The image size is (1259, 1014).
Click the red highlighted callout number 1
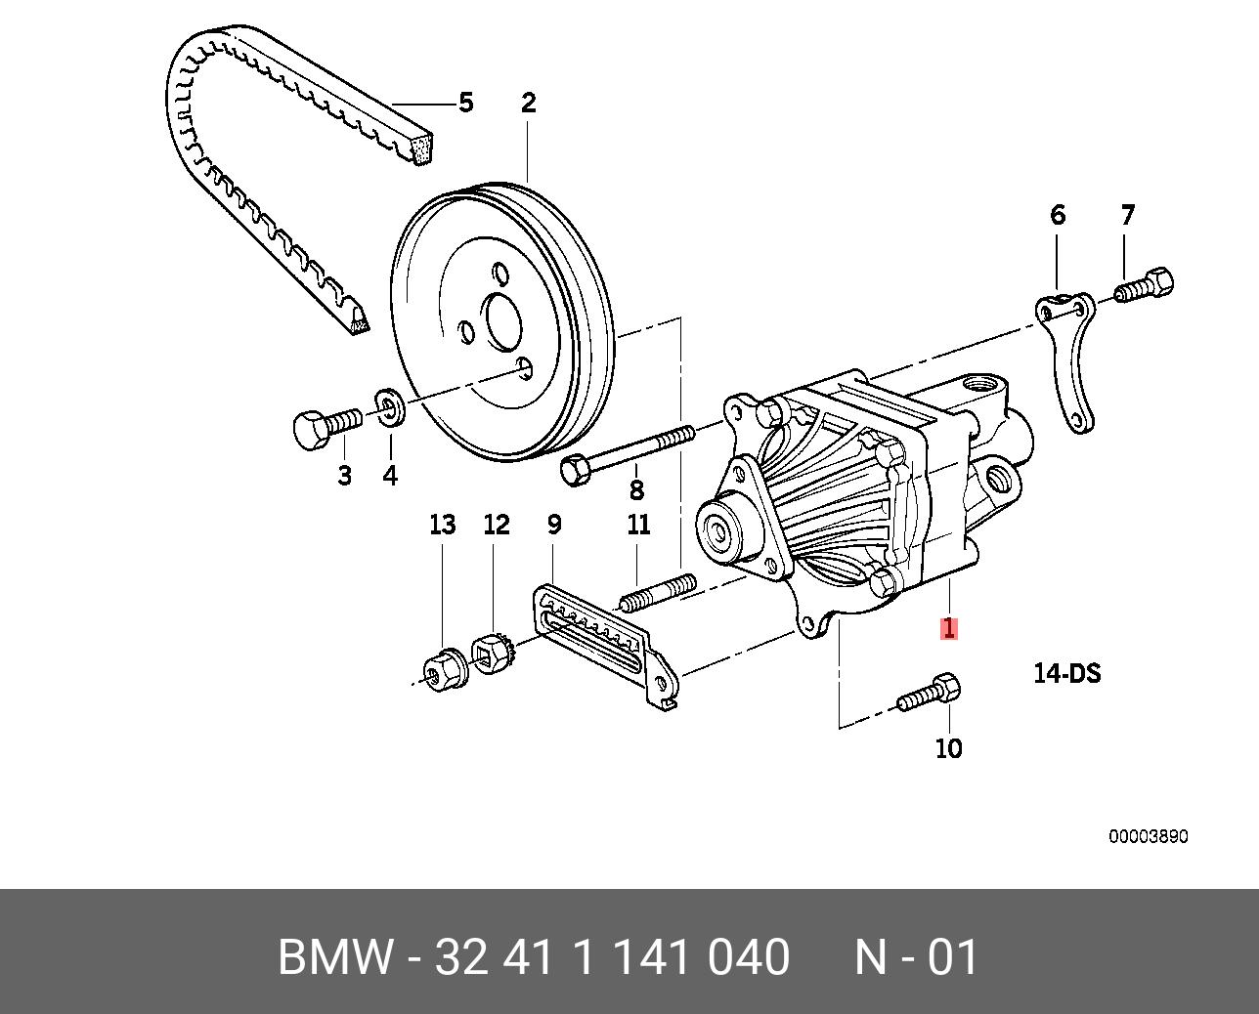948,628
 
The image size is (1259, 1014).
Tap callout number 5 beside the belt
465,103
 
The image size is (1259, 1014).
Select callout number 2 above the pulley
528,103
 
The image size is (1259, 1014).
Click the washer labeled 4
390,407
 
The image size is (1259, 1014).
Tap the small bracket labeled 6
1065,361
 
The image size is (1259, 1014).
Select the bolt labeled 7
1144,286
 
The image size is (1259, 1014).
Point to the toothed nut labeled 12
494,653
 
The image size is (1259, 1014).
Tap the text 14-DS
1066,673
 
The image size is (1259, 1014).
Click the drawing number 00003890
1148,837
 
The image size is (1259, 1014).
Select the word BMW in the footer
334,957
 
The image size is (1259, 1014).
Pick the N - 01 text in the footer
916,957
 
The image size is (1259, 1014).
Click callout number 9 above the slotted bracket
553,525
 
